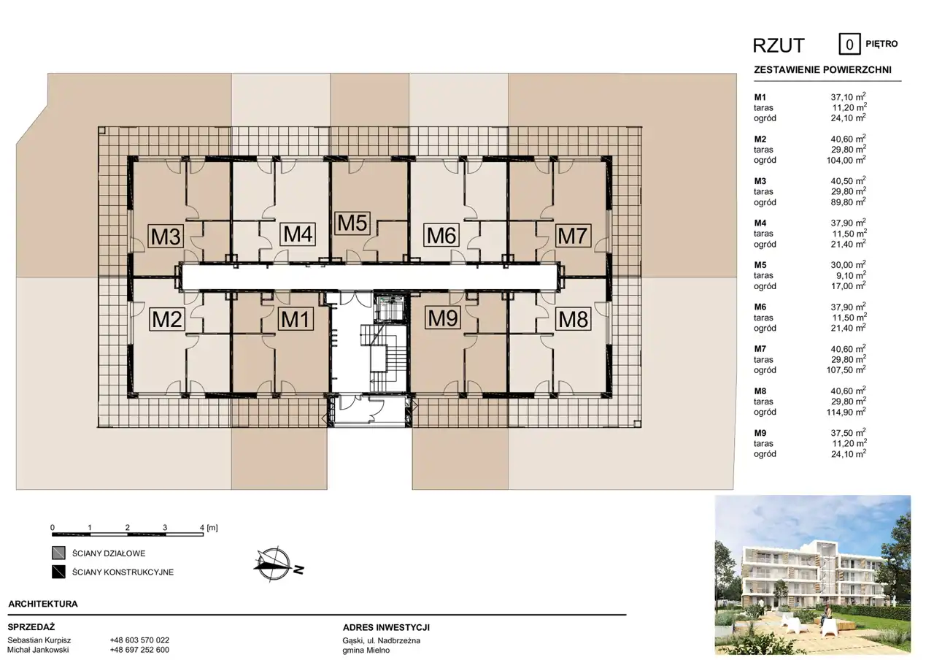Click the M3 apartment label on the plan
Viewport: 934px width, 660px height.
(x=166, y=237)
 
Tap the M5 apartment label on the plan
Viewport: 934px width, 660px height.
(x=352, y=223)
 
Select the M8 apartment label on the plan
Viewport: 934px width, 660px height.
(x=574, y=320)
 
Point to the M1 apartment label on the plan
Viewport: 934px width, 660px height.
(x=296, y=320)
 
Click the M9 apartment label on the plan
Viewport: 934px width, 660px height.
(x=443, y=318)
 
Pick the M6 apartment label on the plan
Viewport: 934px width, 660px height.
(x=441, y=235)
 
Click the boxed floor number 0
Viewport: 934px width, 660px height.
(x=849, y=45)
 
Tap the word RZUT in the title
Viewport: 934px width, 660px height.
(x=779, y=46)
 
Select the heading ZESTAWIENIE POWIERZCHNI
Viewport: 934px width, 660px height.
(x=822, y=70)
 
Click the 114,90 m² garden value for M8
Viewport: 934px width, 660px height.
(x=846, y=412)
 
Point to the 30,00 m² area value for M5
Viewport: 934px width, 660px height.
(x=849, y=265)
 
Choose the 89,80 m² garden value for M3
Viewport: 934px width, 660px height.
(x=849, y=202)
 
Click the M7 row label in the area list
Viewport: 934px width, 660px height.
(x=760, y=349)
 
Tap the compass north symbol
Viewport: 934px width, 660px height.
(x=279, y=564)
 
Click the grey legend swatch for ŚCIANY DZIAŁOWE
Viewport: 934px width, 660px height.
(x=58, y=553)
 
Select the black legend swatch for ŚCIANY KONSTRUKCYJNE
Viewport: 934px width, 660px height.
(x=58, y=572)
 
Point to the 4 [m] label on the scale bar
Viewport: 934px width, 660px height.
(x=209, y=528)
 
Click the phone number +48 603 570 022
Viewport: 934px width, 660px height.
(x=139, y=640)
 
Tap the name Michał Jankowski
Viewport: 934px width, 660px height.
(x=39, y=650)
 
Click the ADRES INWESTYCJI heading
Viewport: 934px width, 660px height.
(x=386, y=627)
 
